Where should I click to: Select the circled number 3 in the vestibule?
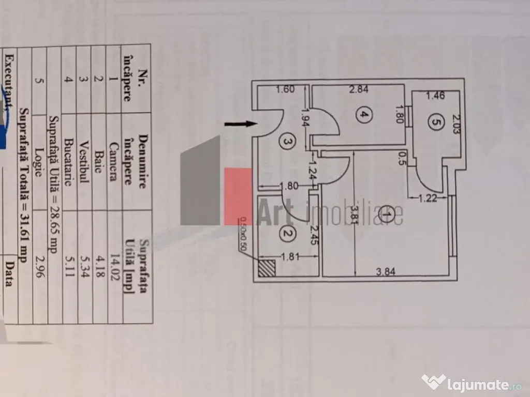tap(288, 139)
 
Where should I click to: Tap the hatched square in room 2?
tap(268, 269)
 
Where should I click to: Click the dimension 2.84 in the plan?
tap(359, 89)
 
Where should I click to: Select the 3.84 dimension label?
tap(384, 274)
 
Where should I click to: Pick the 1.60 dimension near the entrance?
tap(285, 89)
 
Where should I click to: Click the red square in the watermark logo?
tap(239, 196)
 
